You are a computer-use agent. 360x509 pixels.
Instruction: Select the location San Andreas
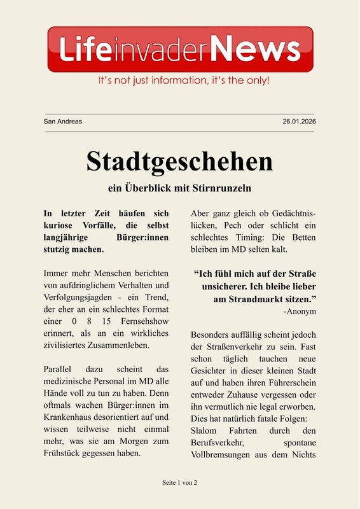point(62,122)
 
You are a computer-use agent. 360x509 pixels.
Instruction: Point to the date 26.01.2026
point(299,122)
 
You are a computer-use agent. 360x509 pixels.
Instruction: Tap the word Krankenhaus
point(67,417)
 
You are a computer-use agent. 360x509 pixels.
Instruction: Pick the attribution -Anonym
point(300,311)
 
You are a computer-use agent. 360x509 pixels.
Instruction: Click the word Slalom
point(205,431)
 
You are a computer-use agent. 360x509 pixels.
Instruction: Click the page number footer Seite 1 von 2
point(180,483)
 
